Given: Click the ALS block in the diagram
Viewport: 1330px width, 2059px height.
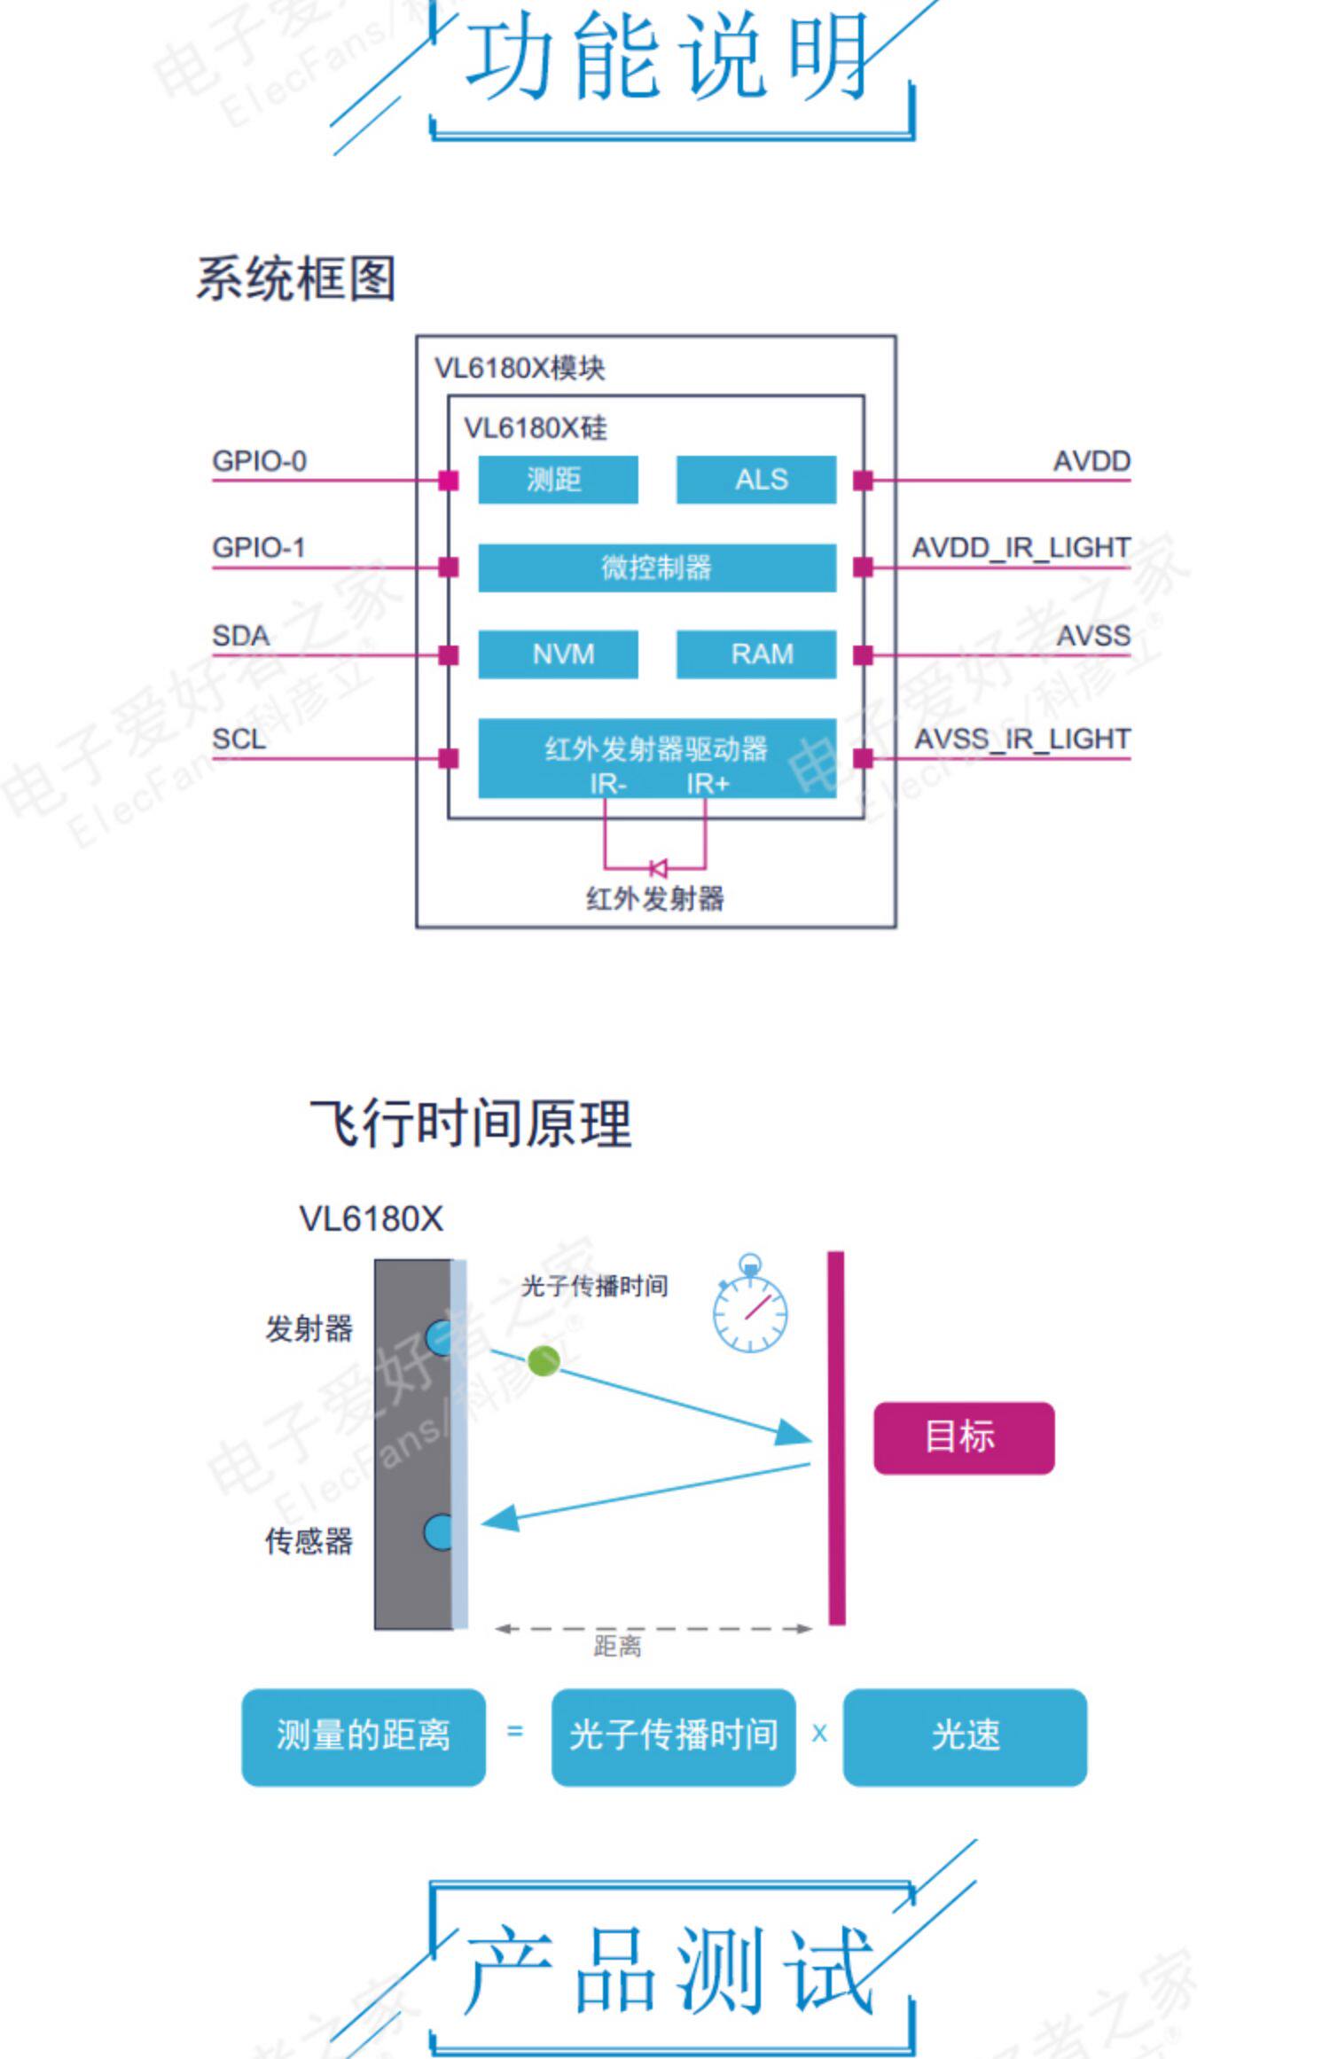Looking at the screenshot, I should pos(755,480).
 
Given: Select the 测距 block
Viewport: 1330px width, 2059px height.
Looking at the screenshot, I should pos(558,480).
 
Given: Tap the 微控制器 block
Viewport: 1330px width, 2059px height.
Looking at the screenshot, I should pos(656,568).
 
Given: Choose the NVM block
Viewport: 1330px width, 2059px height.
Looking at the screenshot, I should pos(558,654).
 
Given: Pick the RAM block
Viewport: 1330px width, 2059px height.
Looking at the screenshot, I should pos(755,654).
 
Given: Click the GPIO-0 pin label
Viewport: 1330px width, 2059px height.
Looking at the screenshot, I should pos(259,461).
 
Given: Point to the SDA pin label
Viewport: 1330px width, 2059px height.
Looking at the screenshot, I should pos(240,636).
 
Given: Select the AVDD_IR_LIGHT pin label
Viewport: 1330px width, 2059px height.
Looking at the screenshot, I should pos(1021,548).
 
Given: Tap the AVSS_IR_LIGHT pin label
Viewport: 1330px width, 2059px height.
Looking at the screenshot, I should pos(1022,739).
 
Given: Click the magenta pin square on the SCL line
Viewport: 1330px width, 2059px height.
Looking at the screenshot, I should pos(449,758).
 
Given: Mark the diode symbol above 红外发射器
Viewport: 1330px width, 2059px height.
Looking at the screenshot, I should pos(658,867).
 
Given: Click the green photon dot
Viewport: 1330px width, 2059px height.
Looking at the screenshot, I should pos(544,1360).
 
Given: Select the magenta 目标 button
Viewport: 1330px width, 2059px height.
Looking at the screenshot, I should pos(964,1437).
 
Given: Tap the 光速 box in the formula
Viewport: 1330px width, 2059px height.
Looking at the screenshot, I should pos(965,1736).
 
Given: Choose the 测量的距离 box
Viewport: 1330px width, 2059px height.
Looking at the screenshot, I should pos(364,1736).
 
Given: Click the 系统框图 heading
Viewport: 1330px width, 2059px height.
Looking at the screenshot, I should pos(295,278).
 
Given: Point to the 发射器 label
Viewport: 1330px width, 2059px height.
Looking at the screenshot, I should pos(309,1328).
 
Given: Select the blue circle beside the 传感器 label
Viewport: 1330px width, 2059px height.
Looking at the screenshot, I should pos(438,1531).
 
